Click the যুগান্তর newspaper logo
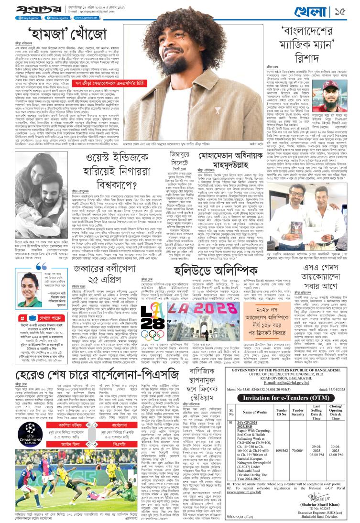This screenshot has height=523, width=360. point(21,9)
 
